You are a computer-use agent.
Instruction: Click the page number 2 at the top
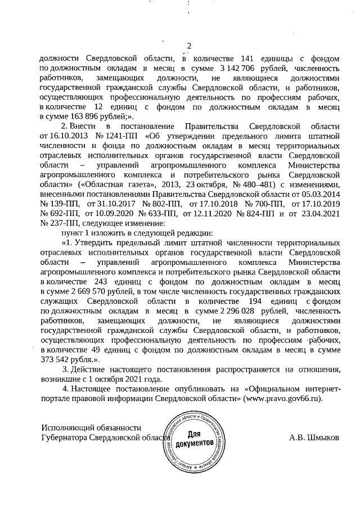coord(189,46)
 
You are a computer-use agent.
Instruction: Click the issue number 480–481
coord(259,184)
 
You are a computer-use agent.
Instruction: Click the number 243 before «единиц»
coord(118,281)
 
